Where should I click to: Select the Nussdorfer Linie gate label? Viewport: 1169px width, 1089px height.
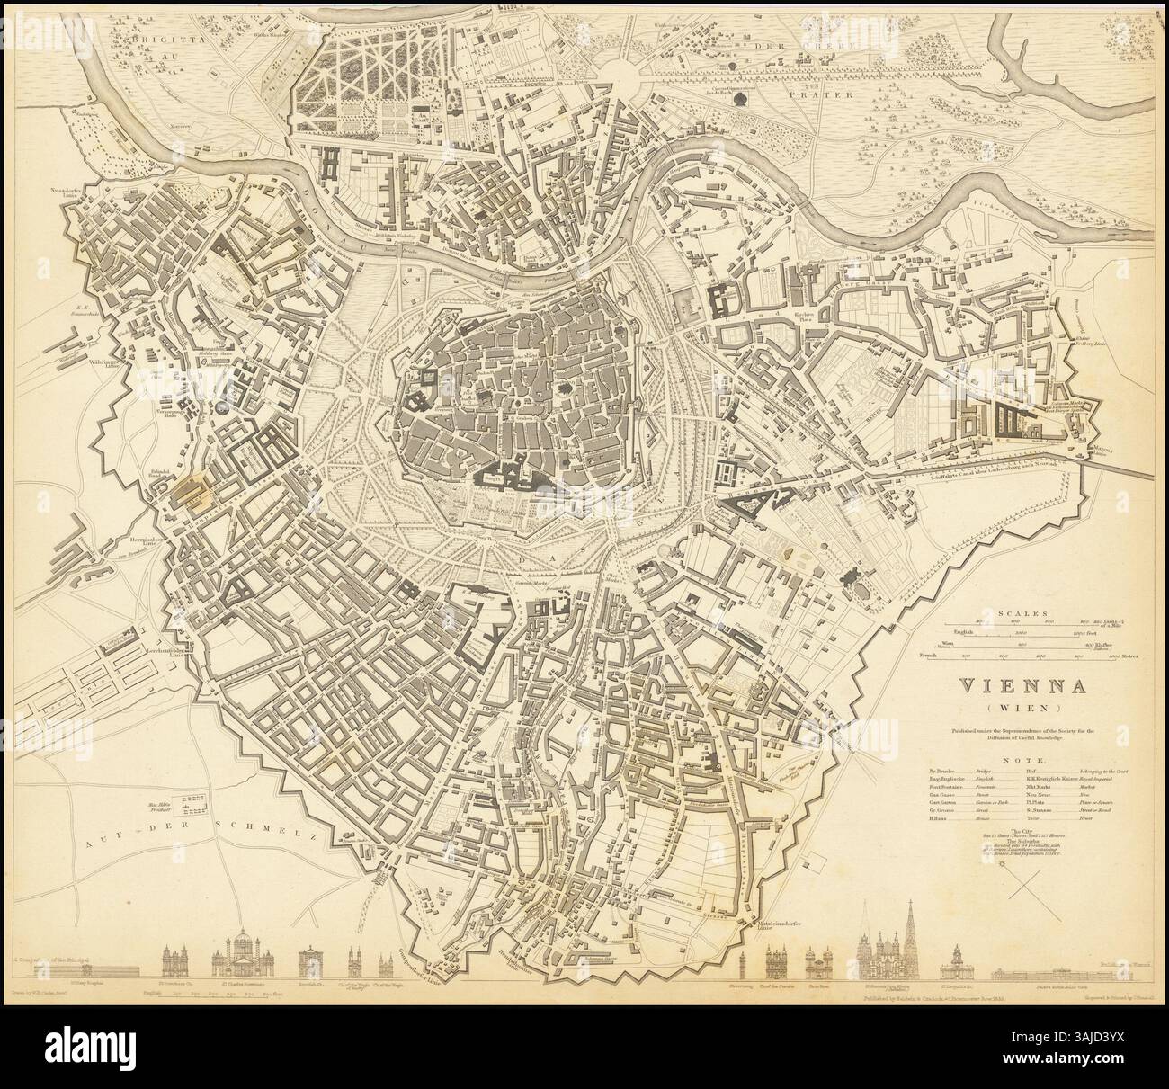(67, 192)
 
